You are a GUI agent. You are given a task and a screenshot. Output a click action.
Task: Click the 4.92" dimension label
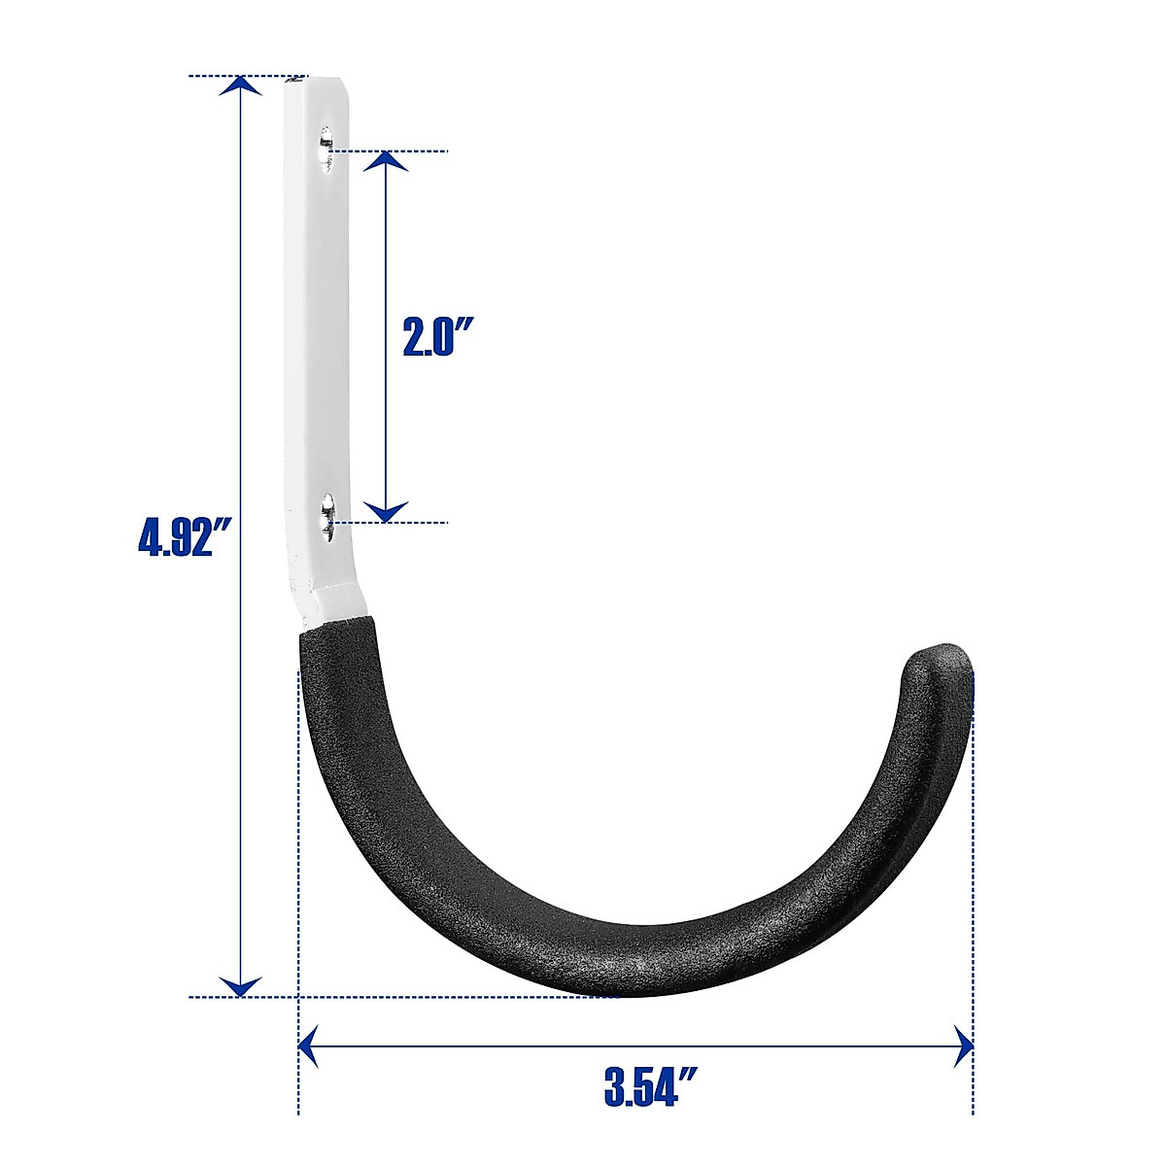point(188,536)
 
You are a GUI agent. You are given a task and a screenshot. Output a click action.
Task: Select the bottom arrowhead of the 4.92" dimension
point(240,985)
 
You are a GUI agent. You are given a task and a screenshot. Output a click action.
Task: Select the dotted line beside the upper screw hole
point(408,151)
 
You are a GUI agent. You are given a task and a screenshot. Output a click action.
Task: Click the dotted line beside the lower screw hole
point(408,523)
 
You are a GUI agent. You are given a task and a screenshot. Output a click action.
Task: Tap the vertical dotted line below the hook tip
point(973,874)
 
